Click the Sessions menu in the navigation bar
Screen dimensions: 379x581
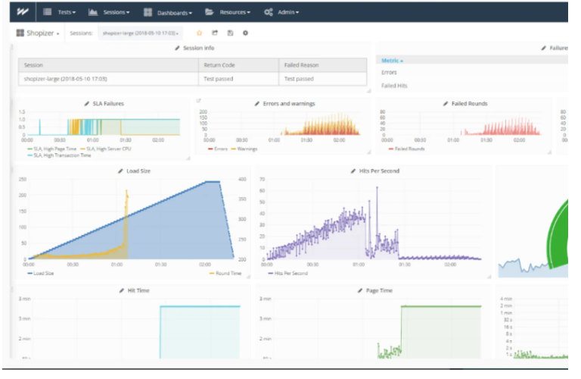(109, 12)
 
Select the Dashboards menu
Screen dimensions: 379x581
(168, 12)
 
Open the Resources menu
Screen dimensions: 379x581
(227, 12)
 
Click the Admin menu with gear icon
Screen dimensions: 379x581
(281, 12)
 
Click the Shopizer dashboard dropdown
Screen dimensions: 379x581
(38, 33)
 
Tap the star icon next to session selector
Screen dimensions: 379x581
(200, 33)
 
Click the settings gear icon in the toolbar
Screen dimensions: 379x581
(245, 33)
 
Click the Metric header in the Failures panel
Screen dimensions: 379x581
(392, 60)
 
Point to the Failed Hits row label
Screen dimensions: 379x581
(395, 86)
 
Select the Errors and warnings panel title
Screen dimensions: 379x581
(288, 103)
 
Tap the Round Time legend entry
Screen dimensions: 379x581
(226, 274)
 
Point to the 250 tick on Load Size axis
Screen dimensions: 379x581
(23, 180)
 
